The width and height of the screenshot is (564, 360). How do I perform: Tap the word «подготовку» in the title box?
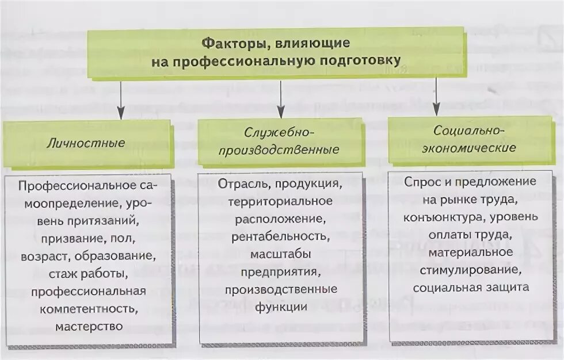(362, 60)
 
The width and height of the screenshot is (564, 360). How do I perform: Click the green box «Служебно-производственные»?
(280, 142)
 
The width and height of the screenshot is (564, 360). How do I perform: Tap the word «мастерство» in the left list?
(89, 326)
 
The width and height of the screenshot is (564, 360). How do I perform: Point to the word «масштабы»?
(280, 254)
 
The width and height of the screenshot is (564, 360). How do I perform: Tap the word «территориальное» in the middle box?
(280, 201)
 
